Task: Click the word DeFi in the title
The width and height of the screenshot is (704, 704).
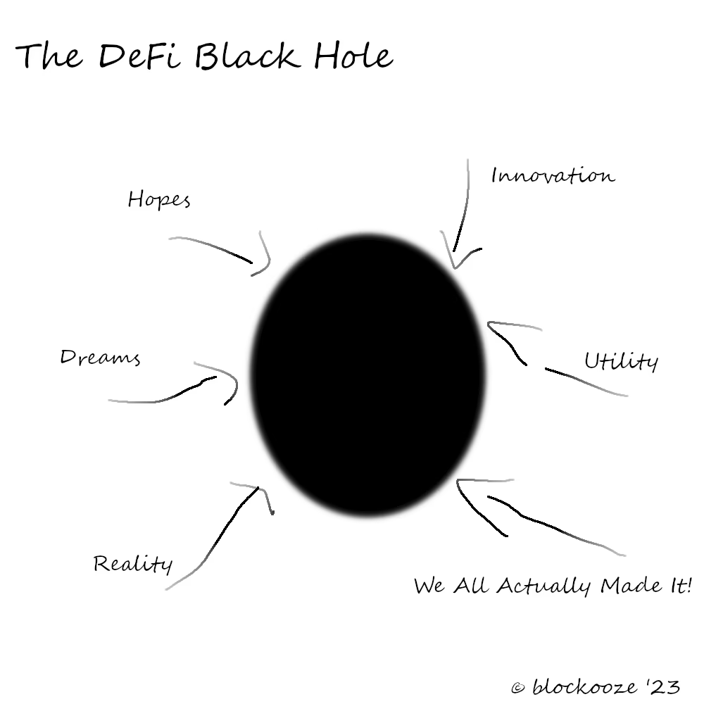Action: tap(139, 56)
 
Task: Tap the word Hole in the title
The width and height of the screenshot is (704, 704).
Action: tap(353, 56)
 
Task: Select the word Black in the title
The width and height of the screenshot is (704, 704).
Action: tap(247, 56)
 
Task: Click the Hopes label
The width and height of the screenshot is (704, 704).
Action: tap(159, 199)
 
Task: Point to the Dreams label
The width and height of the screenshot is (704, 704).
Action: tap(100, 358)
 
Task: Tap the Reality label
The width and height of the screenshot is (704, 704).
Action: tap(133, 563)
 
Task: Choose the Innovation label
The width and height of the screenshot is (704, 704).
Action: tap(553, 175)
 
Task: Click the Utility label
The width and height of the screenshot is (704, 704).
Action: tap(622, 360)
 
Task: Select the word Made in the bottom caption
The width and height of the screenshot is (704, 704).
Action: tap(631, 585)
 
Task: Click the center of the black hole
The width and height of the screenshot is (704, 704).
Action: tap(368, 375)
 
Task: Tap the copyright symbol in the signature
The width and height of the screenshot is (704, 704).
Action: tap(517, 688)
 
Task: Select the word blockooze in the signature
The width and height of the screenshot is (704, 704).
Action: tap(584, 686)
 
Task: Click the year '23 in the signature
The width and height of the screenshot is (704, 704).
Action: tap(663, 686)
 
